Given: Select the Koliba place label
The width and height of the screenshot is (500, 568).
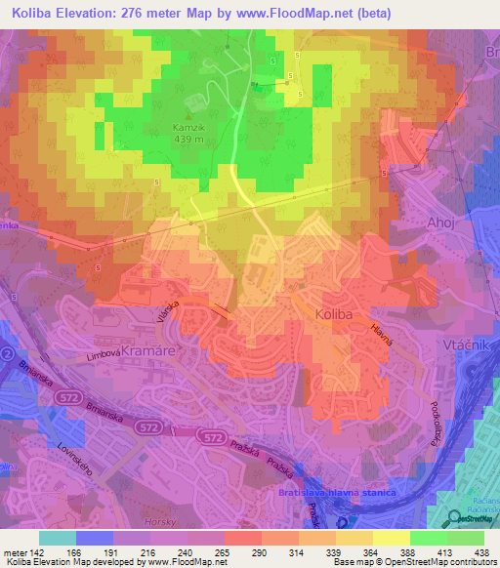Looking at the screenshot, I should click(338, 315).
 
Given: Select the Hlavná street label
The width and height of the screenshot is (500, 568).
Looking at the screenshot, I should click(381, 333).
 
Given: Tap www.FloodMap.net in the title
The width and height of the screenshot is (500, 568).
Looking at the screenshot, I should click(325, 13).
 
